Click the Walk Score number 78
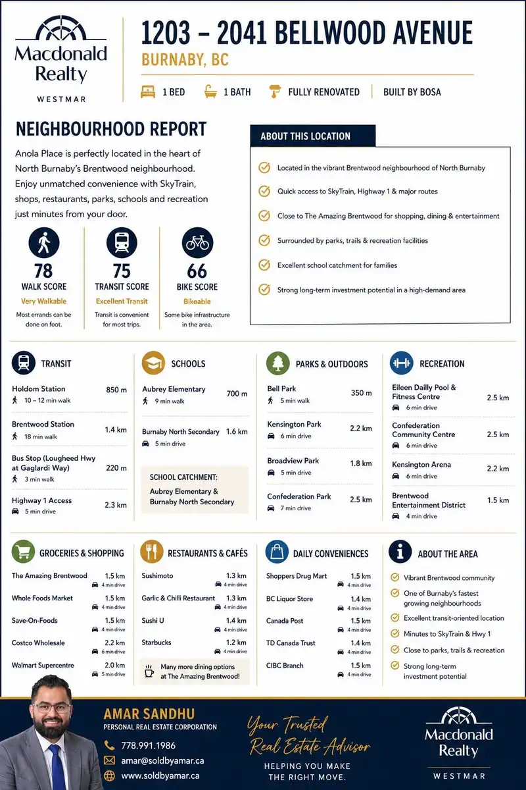pyautogui.click(x=43, y=271)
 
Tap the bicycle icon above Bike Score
pyautogui.click(x=197, y=243)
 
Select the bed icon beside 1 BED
pyautogui.click(x=148, y=92)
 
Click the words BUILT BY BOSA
pyautogui.click(x=412, y=92)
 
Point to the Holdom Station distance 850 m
pyautogui.click(x=116, y=390)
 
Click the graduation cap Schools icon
pyautogui.click(x=153, y=363)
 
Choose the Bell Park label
pyautogui.click(x=281, y=388)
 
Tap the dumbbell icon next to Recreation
pyautogui.click(x=401, y=363)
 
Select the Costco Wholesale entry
pyautogui.click(x=38, y=643)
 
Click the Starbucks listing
pyautogui.click(x=156, y=643)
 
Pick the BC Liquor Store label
pyautogui.click(x=289, y=598)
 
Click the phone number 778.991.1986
pyautogui.click(x=149, y=745)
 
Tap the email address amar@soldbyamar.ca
pyautogui.click(x=162, y=760)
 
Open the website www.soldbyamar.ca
pyautogui.click(x=160, y=776)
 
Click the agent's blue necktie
pyautogui.click(x=57, y=768)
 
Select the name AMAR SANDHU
pyautogui.click(x=149, y=714)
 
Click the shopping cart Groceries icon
pyautogui.click(x=23, y=552)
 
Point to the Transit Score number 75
pyautogui.click(x=122, y=271)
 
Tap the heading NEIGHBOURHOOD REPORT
pyautogui.click(x=111, y=129)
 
